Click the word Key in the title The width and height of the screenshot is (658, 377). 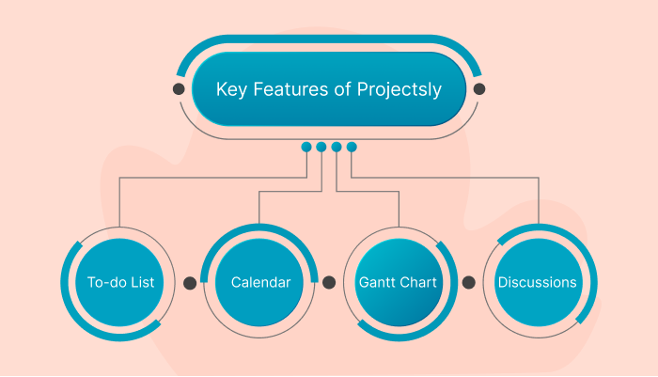[231, 90]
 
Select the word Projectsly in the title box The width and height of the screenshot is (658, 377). [399, 91]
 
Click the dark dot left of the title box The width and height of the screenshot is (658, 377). [179, 89]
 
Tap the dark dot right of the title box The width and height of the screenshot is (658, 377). [479, 89]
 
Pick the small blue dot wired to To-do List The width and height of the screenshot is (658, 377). [306, 147]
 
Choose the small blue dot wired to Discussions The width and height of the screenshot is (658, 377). [352, 147]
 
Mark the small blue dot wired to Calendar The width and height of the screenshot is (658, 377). [321, 147]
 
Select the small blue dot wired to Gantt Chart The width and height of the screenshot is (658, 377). [337, 147]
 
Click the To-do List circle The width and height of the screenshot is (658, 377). [119, 281]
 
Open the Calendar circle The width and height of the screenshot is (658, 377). [259, 281]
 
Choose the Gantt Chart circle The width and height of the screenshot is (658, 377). [399, 281]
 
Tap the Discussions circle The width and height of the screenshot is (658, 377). [538, 281]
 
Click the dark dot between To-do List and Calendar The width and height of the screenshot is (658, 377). [190, 281]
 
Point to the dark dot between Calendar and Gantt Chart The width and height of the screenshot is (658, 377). [329, 281]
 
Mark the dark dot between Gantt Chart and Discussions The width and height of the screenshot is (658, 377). [469, 281]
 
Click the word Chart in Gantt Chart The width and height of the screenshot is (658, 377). [421, 282]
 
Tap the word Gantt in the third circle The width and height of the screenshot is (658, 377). [379, 282]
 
